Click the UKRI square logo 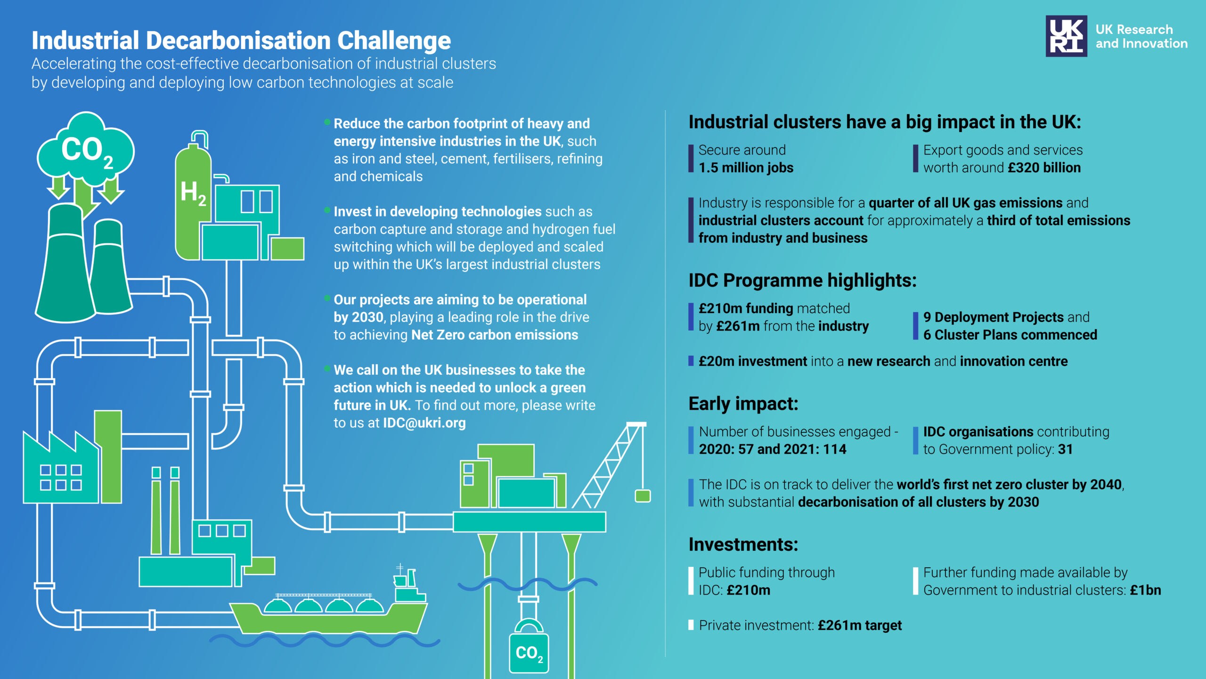pyautogui.click(x=1066, y=36)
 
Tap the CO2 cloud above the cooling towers pyautogui.click(x=86, y=149)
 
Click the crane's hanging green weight pyautogui.click(x=643, y=496)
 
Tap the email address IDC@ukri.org pyautogui.click(x=424, y=423)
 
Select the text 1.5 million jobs pyautogui.click(x=746, y=168)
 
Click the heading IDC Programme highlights pyautogui.click(x=802, y=281)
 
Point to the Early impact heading pyautogui.click(x=743, y=404)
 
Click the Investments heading pyautogui.click(x=743, y=545)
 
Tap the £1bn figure pyautogui.click(x=1145, y=590)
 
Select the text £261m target pyautogui.click(x=860, y=626)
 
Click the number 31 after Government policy pyautogui.click(x=1065, y=449)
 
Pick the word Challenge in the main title pyautogui.click(x=394, y=41)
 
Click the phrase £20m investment pyautogui.click(x=753, y=361)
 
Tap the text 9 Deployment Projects pyautogui.click(x=993, y=317)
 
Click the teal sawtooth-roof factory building pyautogui.click(x=61, y=467)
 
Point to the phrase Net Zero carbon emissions pyautogui.click(x=495, y=335)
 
